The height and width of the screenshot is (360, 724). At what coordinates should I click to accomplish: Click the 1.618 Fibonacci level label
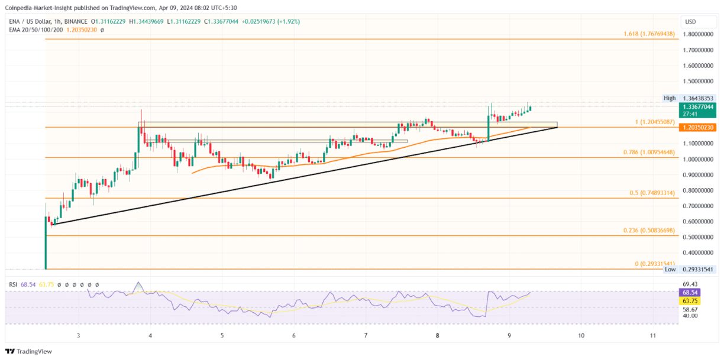click(648, 34)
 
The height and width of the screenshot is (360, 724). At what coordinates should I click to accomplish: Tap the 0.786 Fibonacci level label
click(648, 153)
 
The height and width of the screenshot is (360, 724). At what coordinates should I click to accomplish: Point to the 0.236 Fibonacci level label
click(648, 231)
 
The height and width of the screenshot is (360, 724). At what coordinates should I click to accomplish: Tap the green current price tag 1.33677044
click(699, 107)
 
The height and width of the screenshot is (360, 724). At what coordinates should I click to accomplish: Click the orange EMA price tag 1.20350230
click(699, 127)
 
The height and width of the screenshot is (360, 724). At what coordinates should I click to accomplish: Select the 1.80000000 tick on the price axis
click(698, 34)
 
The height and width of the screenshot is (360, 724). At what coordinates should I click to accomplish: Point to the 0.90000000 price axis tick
click(698, 175)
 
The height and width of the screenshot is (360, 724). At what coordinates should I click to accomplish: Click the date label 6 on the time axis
click(294, 336)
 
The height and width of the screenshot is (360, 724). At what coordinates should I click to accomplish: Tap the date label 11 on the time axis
click(652, 336)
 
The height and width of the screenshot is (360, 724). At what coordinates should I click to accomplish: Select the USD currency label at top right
click(690, 22)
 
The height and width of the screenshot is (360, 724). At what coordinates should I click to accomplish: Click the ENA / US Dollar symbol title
click(34, 21)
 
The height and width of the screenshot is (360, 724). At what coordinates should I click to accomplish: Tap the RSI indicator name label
click(13, 284)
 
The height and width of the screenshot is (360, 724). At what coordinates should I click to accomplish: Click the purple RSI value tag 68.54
click(690, 293)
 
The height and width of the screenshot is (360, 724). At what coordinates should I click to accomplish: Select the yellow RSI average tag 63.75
click(690, 300)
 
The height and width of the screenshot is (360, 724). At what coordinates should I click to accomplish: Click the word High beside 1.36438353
click(669, 98)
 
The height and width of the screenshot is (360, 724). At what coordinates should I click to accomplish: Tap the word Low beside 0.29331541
click(670, 269)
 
